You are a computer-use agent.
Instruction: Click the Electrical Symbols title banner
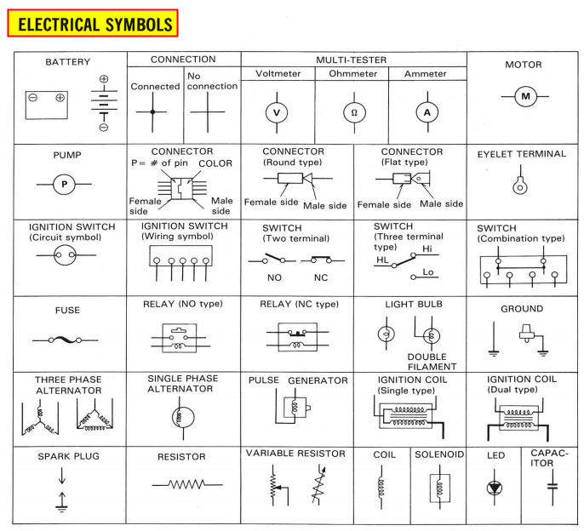(92, 24)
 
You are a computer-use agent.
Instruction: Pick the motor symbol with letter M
(525, 96)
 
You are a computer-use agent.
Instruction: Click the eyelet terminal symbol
(518, 185)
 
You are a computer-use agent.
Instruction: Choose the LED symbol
(495, 488)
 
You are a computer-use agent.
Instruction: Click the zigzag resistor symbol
(181, 487)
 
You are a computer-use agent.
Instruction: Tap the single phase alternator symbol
(180, 417)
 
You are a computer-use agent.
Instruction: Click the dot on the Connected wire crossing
(153, 112)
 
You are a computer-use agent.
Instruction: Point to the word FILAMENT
(432, 367)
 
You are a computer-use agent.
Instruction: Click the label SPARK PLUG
(69, 456)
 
